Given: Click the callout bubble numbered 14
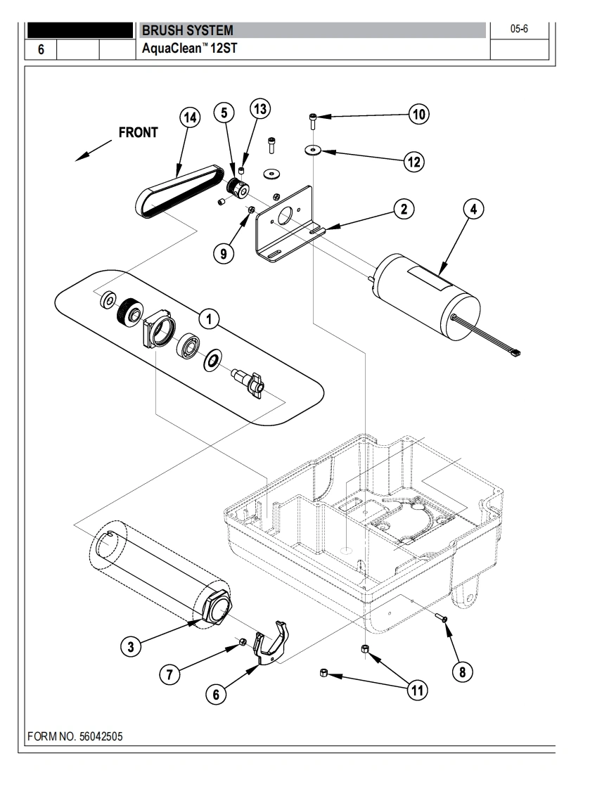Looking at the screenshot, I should coord(190,117).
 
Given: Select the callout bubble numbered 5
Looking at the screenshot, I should coord(224,112).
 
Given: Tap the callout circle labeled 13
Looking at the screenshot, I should coord(260,109).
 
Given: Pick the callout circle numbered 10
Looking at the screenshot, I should coord(420,115).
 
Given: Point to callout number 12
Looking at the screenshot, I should coord(413,162).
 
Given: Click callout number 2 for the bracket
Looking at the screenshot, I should coord(403,208).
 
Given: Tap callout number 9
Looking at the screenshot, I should coord(224,254).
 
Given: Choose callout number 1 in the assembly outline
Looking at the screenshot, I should coord(208,319).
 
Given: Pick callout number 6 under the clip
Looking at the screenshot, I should coord(216,693).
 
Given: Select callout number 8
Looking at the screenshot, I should coord(462,672).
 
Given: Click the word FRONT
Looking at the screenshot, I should coord(138,134).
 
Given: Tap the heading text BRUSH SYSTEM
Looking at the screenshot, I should coord(186,31).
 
